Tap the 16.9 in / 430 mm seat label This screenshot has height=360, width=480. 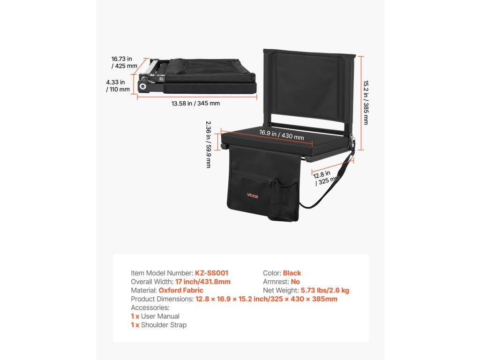coord(282,135)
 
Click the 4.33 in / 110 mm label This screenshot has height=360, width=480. coord(118,86)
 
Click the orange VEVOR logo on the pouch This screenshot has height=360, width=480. coord(253,196)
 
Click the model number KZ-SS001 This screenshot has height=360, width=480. coord(211,273)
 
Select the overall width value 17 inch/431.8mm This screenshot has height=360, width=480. coord(203,282)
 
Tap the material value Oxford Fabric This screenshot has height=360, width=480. coord(181,291)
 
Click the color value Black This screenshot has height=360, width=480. coord(292,273)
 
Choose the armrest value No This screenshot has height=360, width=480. coord(295,282)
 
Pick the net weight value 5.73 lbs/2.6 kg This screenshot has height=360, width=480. coord(325,291)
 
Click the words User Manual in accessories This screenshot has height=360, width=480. coord(160,316)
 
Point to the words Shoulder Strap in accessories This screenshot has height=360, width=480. coord(164,325)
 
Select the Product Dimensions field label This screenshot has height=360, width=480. coord(161,299)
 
